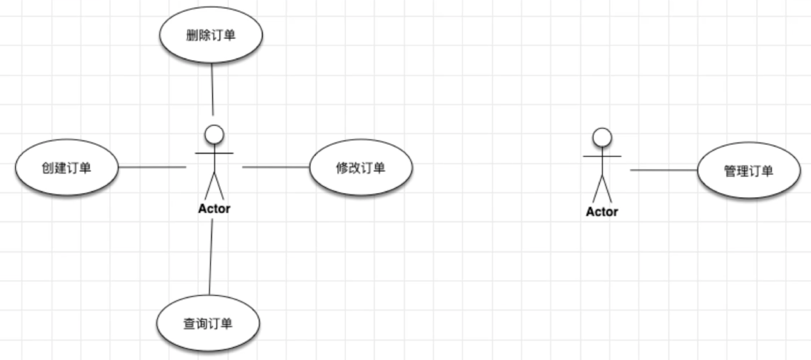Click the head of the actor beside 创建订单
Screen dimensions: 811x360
[x=214, y=135]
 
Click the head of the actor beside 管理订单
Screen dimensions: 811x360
[x=602, y=138]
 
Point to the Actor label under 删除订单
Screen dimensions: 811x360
[x=214, y=209]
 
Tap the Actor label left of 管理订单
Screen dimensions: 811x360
[x=602, y=211]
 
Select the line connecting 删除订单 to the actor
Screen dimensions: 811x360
[x=212, y=89]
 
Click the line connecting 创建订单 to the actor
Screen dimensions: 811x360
[x=152, y=167]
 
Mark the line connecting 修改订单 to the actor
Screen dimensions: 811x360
[x=276, y=167]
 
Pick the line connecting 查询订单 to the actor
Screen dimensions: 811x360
[x=211, y=257]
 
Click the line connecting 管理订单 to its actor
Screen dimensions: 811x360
[x=664, y=170]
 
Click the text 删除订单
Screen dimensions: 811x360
[x=211, y=35]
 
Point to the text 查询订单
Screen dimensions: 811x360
[x=208, y=324]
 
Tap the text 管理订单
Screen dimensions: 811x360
[x=749, y=171]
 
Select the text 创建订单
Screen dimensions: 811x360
[x=67, y=168]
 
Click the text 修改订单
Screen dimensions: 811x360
[x=361, y=168]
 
